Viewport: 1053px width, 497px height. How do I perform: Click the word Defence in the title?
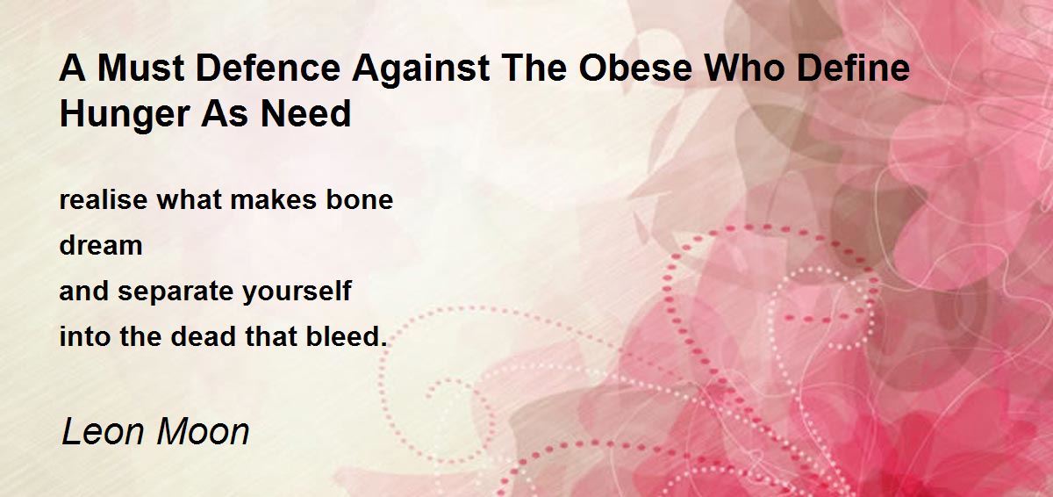pyautogui.click(x=268, y=68)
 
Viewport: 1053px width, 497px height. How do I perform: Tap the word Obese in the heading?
pyautogui.click(x=635, y=68)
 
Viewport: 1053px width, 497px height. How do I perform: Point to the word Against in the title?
pyautogui.click(x=421, y=68)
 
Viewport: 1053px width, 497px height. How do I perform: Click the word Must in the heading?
pyautogui.click(x=140, y=68)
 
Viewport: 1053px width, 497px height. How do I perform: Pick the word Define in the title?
pyautogui.click(x=854, y=68)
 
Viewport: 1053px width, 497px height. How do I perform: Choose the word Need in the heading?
pyautogui.click(x=305, y=113)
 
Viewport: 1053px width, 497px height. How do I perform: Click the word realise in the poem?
pyautogui.click(x=104, y=200)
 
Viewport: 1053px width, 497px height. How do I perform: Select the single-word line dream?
pyautogui.click(x=101, y=246)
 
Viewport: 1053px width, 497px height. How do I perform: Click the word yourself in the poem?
pyautogui.click(x=297, y=292)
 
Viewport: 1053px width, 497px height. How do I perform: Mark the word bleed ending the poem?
pyautogui.click(x=347, y=336)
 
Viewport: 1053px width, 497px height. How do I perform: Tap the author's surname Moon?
pyautogui.click(x=203, y=432)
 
